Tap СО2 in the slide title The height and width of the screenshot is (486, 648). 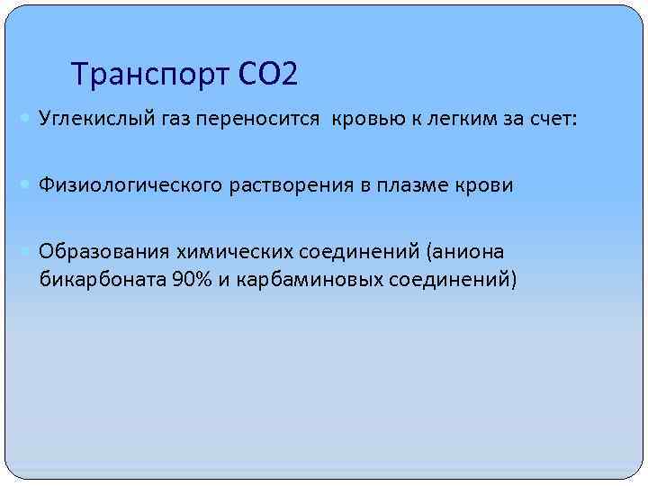point(267,74)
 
